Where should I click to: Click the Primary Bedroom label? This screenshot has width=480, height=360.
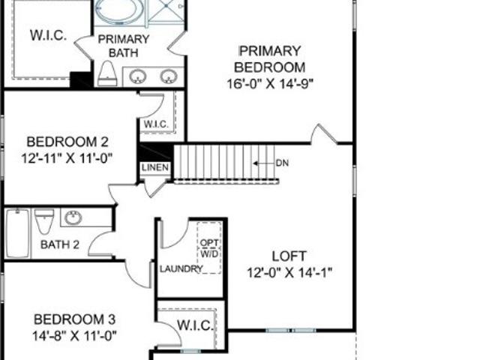point(270,58)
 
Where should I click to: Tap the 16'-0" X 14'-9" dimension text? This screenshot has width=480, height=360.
point(270,83)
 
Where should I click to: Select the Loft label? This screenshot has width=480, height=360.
point(289,256)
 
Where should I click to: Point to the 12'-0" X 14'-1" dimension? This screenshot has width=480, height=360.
point(289,272)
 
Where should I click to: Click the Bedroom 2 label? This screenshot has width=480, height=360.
point(67,142)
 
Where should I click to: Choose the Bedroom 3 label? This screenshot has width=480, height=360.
point(74,319)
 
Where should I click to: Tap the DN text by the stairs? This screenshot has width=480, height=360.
point(282,163)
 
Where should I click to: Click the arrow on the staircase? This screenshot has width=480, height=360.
point(264,163)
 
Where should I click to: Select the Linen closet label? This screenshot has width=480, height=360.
point(155,167)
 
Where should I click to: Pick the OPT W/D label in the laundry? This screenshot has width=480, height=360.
point(210,248)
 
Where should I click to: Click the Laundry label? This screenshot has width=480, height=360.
point(181,269)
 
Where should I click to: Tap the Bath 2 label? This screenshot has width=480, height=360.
point(60,244)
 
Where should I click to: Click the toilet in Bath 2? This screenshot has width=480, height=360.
point(44,220)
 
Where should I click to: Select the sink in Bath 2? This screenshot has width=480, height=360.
point(73,217)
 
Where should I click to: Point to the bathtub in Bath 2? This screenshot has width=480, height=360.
point(18,233)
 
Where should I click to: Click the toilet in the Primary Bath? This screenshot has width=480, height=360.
point(107,73)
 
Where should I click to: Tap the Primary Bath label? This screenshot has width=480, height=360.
point(123,46)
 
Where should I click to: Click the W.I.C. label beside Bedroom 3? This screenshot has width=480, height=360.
point(195,325)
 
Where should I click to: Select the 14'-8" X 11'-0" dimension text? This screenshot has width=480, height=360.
point(74,336)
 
